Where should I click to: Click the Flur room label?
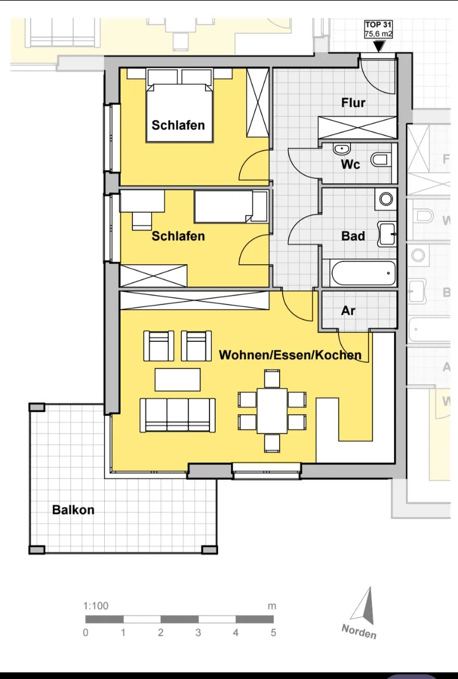[353, 103]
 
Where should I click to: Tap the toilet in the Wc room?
[380, 159]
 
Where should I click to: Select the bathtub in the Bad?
[363, 273]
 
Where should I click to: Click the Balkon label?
[73, 510]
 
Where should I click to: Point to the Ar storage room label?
[348, 311]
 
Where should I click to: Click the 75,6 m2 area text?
[378, 33]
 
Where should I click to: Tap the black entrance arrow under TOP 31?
[379, 46]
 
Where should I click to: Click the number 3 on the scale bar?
[198, 633]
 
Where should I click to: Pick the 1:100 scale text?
[96, 605]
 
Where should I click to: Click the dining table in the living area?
[272, 411]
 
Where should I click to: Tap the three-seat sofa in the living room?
[177, 415]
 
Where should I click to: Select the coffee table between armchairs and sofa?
[177, 380]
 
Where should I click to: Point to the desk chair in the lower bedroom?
[142, 221]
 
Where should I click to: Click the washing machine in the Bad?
[386, 199]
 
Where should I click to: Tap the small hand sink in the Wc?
[342, 149]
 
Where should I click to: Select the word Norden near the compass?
[359, 631]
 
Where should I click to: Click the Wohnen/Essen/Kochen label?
[290, 355]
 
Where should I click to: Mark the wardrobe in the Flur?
[357, 127]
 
